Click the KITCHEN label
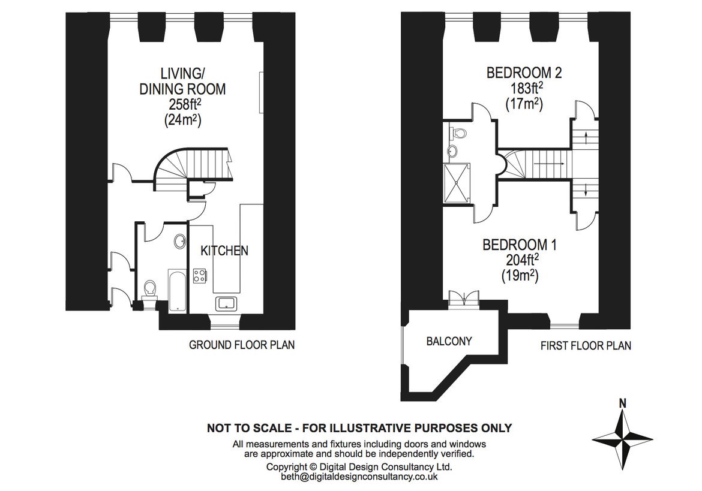click(x=224, y=251)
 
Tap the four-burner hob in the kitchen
click(x=200, y=276)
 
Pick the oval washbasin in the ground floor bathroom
click(x=179, y=242)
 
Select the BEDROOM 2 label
click(x=524, y=73)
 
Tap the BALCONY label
click(x=449, y=341)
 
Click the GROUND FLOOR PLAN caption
click(x=241, y=345)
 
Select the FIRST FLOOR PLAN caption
click(x=585, y=346)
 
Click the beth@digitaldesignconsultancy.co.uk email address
click(x=359, y=477)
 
